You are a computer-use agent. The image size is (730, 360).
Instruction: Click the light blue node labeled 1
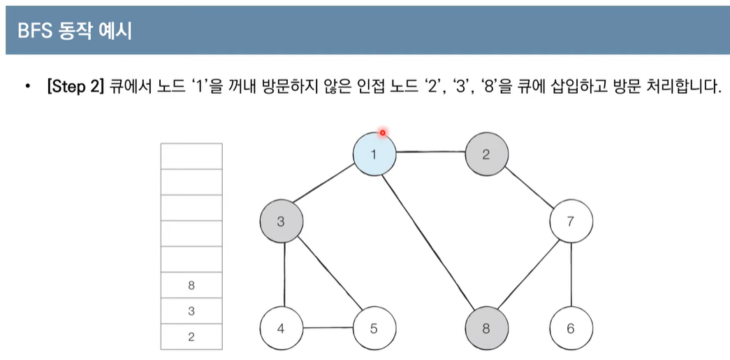coord(374,154)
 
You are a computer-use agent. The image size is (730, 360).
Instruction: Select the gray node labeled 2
coord(486,154)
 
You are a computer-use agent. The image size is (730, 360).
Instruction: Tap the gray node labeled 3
coord(282,222)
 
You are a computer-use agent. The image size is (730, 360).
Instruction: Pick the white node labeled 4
coord(281,327)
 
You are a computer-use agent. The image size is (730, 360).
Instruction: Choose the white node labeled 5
coord(374,327)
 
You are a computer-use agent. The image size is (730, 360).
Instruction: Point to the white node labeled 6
coord(571,327)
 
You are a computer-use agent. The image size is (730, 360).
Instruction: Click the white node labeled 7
coord(571,222)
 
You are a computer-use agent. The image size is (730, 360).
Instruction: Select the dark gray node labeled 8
coord(486,327)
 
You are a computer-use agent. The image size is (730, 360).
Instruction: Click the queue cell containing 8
coord(191,285)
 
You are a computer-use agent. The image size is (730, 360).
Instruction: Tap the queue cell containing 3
coord(191,311)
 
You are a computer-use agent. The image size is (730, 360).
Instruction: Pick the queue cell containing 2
coord(191,337)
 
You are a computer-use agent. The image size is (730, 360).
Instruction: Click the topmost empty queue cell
coord(191,156)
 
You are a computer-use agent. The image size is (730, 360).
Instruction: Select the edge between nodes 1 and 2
coord(430,151)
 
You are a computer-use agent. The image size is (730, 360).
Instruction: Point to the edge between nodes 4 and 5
coord(328,327)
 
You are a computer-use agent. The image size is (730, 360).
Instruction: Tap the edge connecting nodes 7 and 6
coord(571,275)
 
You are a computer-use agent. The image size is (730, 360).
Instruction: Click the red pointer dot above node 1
coord(383,132)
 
